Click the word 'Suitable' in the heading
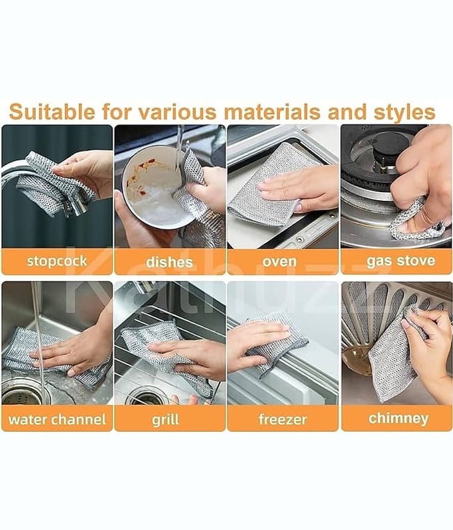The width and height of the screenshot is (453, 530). click(52, 111)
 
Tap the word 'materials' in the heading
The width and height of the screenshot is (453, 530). click(272, 111)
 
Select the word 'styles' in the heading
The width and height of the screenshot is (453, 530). click(405, 113)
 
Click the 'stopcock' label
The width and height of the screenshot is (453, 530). click(57, 261)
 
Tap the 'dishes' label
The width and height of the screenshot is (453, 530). click(170, 262)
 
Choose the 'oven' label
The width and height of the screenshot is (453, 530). click(279, 262)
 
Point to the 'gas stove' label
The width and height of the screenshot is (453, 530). click(401, 260)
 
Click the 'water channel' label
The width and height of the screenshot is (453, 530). click(57, 419)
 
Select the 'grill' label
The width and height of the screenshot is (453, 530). click(165, 420)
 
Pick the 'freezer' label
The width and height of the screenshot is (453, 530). click(283, 419)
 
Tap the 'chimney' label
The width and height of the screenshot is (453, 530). click(399, 419)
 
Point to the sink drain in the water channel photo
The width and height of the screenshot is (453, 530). click(25, 392)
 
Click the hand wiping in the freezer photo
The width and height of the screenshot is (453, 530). click(258, 342)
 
